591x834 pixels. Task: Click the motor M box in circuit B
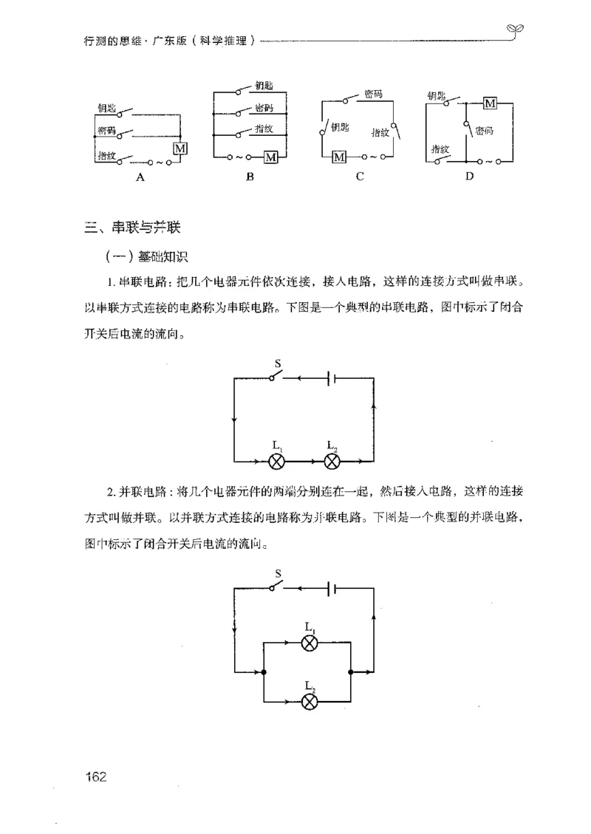tap(272, 157)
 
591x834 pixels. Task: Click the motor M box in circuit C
tap(339, 157)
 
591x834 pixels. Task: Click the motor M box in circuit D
tap(489, 103)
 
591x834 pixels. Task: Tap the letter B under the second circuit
tap(250, 177)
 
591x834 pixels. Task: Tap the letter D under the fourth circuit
tap(468, 177)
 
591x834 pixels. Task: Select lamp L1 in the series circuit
tap(276, 462)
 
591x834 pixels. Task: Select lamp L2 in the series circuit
tap(332, 462)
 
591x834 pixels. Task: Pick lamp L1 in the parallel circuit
tap(311, 642)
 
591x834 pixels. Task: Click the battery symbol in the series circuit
tap(333, 378)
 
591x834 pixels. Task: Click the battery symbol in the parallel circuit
tap(333, 589)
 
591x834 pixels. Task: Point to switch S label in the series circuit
tap(277, 364)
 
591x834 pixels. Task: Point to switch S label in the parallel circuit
tap(277, 573)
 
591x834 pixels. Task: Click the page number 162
tap(97, 776)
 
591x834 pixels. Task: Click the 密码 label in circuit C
tap(374, 95)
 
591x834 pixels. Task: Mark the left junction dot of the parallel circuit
tap(264, 672)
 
